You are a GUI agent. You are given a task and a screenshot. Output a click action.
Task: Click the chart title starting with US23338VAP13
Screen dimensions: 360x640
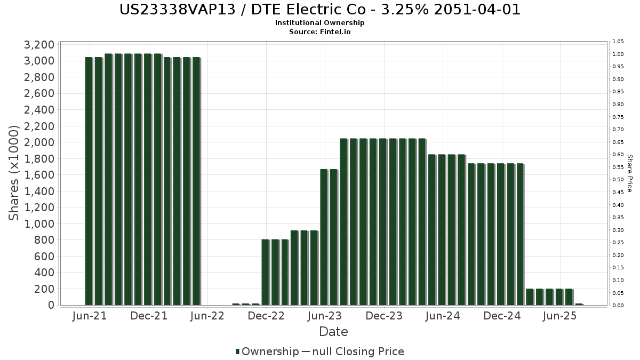tap(319, 10)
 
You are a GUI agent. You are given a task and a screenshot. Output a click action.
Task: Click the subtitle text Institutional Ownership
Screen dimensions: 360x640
tap(319, 23)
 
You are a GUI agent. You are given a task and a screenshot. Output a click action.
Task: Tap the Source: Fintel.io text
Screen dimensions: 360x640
tap(319, 31)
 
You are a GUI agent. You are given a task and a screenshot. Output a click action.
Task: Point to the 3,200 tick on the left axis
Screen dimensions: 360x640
tap(39, 44)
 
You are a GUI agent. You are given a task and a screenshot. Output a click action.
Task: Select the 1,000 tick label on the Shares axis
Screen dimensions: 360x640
tap(39, 223)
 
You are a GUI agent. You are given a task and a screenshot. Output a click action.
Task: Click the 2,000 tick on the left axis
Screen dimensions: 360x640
tap(39, 142)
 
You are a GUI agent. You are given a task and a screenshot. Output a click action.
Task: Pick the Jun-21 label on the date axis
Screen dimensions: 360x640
tap(89, 316)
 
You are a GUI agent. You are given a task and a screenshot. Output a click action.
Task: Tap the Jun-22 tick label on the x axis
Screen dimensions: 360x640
tap(206, 316)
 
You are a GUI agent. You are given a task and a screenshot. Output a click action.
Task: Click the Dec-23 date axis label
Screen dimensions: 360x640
tap(384, 316)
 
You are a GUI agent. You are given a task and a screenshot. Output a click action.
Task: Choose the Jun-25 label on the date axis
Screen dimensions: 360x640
tap(559, 316)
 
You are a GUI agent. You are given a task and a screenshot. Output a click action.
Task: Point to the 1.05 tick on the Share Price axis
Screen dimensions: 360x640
tap(618, 42)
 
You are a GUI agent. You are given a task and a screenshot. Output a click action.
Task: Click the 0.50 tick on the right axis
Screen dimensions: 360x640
tap(618, 180)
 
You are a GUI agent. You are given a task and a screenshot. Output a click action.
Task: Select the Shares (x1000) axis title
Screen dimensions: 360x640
tap(14, 173)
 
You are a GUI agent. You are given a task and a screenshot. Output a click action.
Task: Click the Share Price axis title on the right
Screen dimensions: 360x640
tap(629, 173)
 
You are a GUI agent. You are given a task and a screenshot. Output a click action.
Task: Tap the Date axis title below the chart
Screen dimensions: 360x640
tap(333, 332)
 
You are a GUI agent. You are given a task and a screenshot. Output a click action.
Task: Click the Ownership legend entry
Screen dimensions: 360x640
tap(267, 351)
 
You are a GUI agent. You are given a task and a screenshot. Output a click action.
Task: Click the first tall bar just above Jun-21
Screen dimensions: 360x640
tap(89, 181)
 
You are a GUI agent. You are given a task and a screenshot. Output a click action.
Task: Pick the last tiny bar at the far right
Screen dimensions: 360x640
tap(579, 304)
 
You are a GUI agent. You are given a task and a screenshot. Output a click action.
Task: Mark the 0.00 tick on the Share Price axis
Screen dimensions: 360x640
tap(618, 305)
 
